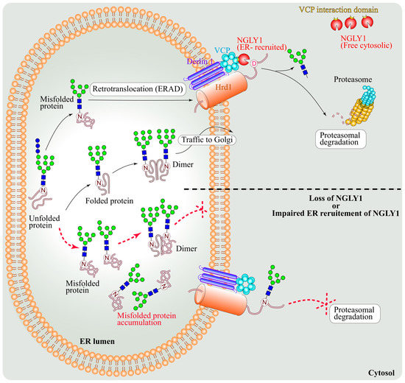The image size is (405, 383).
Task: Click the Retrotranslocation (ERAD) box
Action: (x=139, y=89)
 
